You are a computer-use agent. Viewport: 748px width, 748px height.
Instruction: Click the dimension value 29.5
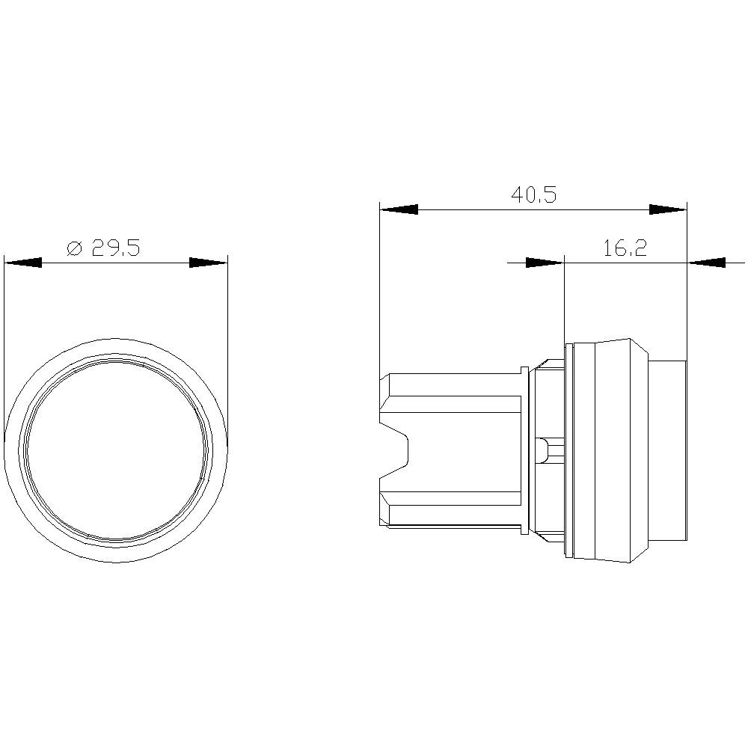point(116,248)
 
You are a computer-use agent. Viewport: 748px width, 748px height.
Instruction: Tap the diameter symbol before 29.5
point(74,249)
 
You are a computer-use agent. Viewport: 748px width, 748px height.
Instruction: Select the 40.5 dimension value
point(533,195)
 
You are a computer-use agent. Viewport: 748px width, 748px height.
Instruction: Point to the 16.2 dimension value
point(625,248)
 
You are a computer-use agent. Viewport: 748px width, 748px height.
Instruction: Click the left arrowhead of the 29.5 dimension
point(22,263)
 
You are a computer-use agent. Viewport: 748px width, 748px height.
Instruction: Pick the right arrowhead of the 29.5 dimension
point(208,263)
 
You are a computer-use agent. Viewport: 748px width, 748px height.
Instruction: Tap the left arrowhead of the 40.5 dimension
point(398,210)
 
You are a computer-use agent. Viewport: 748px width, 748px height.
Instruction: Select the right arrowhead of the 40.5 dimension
point(667,210)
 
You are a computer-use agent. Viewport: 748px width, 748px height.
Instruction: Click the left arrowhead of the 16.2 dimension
point(545,263)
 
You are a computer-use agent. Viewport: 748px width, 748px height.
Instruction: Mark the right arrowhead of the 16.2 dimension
point(706,263)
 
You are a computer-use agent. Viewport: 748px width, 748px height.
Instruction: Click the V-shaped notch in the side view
point(396,449)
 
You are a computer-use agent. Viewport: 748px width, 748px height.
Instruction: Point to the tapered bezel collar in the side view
point(606,449)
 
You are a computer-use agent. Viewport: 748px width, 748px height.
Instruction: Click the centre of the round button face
point(116,449)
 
